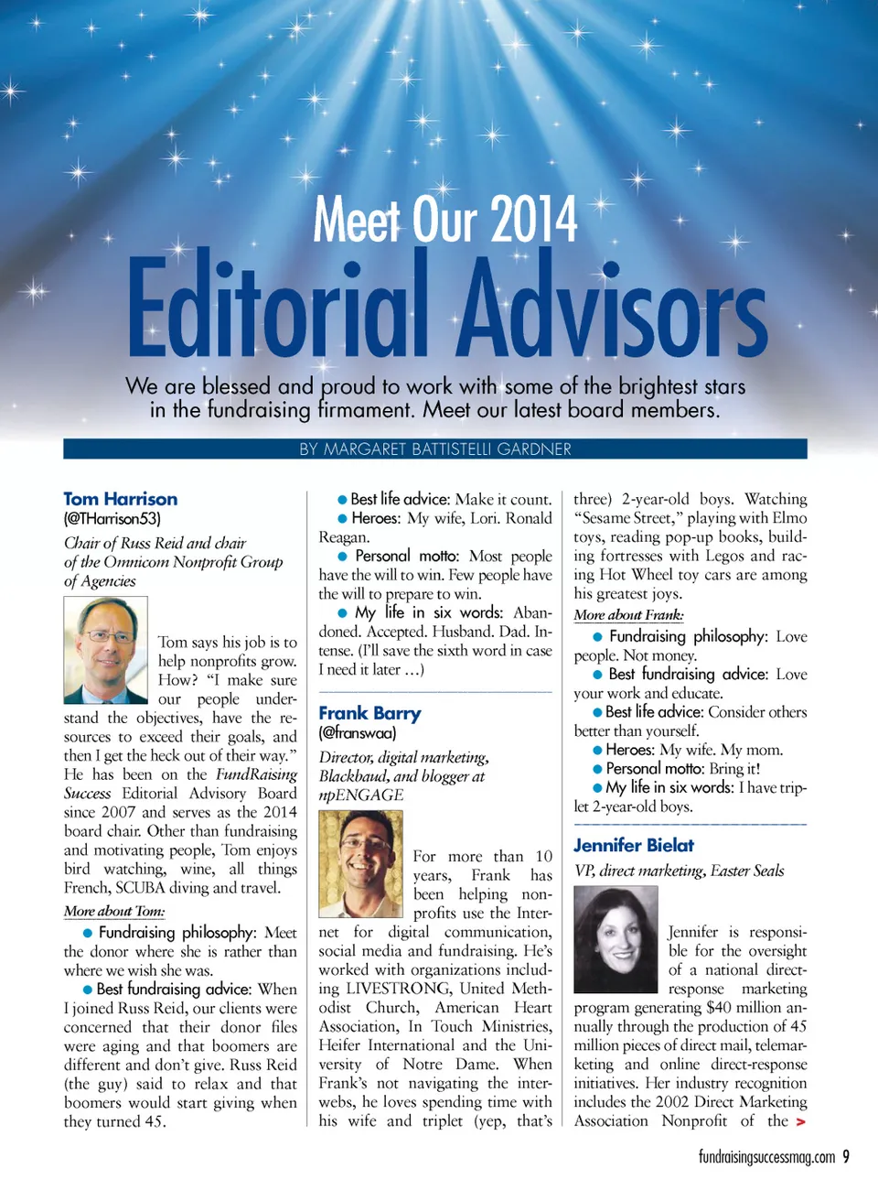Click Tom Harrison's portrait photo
click(x=105, y=650)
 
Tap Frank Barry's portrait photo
click(x=360, y=864)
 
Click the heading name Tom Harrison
click(x=121, y=499)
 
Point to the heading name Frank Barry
click(x=369, y=713)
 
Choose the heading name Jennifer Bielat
click(x=634, y=845)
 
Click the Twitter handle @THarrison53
click(x=112, y=519)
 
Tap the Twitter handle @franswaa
click(x=358, y=733)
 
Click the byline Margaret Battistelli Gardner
click(x=435, y=449)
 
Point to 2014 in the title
click(x=533, y=220)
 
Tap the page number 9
click(x=846, y=1156)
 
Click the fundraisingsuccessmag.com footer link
click(x=766, y=1157)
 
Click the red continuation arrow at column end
click(x=801, y=1121)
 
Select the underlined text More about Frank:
click(x=628, y=615)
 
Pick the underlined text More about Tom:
click(x=114, y=912)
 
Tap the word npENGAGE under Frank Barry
click(x=361, y=795)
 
